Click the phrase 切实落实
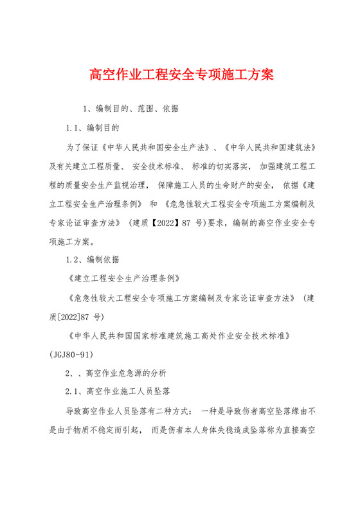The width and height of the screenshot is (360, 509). coord(223,166)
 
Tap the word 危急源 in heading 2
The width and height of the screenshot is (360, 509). coord(130,372)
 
